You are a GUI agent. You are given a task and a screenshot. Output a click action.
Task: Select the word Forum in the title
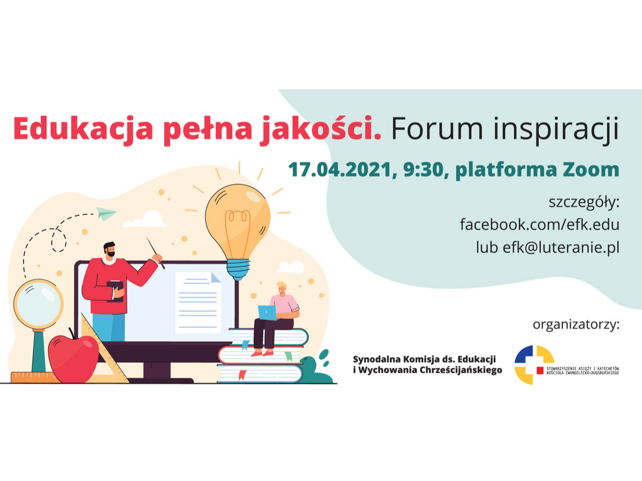(437, 129)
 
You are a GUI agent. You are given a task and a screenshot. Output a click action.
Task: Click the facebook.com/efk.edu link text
(540, 224)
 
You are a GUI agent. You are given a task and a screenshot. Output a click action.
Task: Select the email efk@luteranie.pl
(561, 247)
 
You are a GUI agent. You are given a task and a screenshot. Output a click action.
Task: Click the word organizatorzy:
(576, 325)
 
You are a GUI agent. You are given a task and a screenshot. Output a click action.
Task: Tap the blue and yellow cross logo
(534, 365)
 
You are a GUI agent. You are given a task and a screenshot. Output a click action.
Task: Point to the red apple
(74, 358)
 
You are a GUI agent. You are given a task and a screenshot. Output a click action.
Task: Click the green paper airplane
(106, 213)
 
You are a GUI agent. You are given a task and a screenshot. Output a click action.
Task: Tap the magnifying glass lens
(39, 304)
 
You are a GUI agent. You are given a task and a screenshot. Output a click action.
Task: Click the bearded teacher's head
(110, 250)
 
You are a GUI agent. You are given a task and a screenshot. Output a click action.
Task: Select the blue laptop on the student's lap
(267, 313)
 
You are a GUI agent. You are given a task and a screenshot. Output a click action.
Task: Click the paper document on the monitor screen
(198, 302)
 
